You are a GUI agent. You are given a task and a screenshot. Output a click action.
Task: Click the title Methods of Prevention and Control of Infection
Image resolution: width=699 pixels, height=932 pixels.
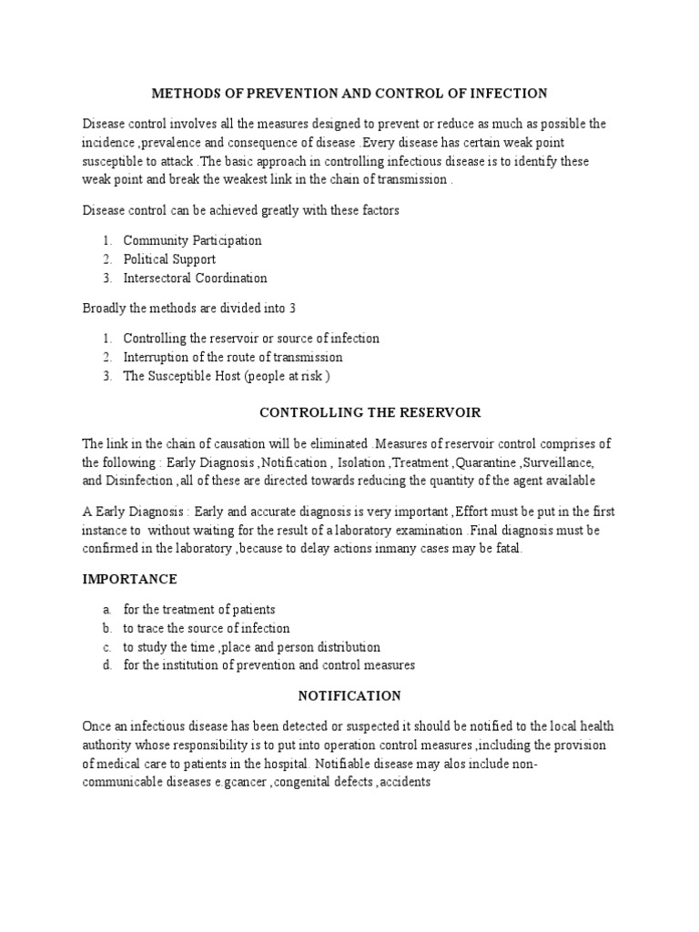[349, 93]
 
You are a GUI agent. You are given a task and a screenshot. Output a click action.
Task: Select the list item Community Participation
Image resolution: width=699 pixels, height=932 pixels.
[192, 240]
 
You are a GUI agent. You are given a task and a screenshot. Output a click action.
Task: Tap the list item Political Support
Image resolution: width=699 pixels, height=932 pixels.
[169, 259]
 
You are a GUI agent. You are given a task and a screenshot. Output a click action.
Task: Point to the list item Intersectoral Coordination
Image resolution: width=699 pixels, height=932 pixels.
[195, 278]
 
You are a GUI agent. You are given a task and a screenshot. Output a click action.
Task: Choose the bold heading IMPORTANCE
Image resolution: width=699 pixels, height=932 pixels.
[130, 579]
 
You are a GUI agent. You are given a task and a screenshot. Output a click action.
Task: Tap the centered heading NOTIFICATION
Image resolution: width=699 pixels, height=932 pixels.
[349, 695]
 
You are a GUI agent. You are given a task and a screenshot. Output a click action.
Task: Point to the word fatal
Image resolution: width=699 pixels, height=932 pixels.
[506, 548]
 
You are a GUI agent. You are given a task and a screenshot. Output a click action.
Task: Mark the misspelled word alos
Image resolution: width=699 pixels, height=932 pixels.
[472, 763]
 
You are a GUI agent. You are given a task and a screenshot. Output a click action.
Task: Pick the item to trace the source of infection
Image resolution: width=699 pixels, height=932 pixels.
[207, 628]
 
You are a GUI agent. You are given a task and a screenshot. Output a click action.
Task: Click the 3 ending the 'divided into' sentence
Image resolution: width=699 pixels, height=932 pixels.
[293, 308]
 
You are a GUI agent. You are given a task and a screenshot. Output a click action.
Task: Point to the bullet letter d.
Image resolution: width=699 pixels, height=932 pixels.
[106, 665]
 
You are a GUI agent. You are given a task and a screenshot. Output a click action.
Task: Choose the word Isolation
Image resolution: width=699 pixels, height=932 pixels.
[360, 462]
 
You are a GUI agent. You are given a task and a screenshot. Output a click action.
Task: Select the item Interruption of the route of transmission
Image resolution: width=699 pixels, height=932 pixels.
[233, 357]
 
